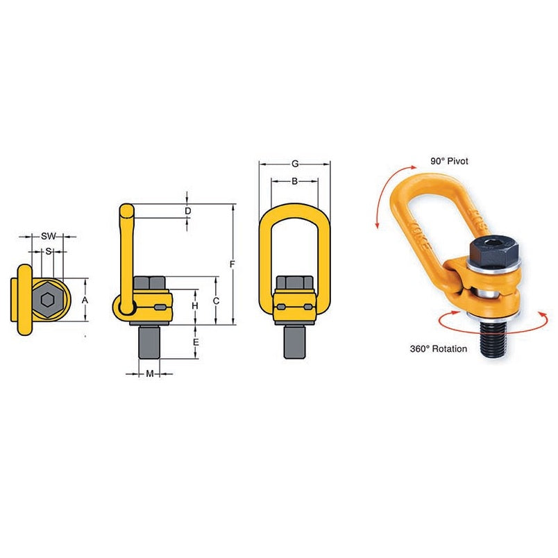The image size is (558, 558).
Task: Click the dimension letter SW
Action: tap(48, 236)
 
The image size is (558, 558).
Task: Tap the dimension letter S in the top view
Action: tap(48, 251)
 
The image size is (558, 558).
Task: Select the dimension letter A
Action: tap(85, 300)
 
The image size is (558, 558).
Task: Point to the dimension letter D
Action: tap(187, 210)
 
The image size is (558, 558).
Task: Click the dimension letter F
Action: tap(233, 264)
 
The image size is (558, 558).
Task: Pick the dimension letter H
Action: tap(196, 306)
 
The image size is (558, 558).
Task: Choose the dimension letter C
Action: tap(217, 301)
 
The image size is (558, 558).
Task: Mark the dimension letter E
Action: tap(196, 342)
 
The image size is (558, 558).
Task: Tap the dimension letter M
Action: tap(150, 374)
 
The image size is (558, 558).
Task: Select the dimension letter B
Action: tap(295, 181)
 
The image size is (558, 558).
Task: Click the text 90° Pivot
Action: tap(449, 160)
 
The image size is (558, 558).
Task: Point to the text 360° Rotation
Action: tap(438, 348)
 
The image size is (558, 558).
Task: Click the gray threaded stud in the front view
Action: tap(295, 341)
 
